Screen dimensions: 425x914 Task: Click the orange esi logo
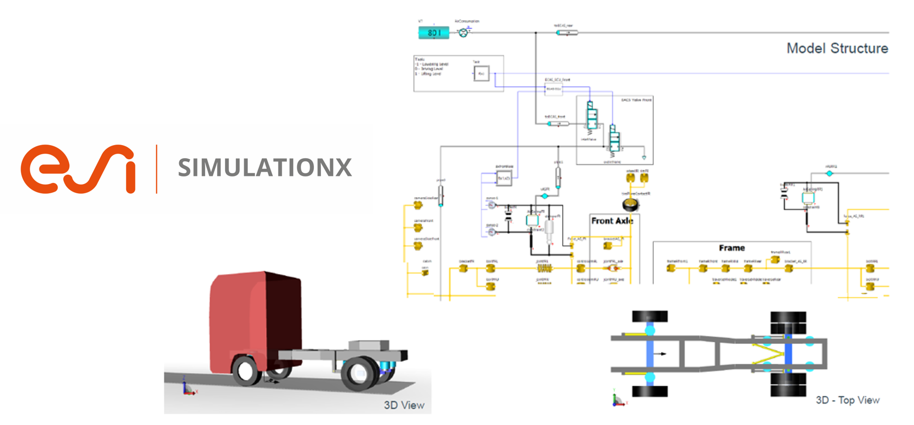click(77, 168)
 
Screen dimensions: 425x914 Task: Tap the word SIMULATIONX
click(265, 168)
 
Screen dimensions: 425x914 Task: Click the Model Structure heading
click(837, 49)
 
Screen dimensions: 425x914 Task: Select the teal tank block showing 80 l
click(433, 33)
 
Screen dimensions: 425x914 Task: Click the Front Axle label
click(611, 221)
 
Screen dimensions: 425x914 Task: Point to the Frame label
click(732, 248)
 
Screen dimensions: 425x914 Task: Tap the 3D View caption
click(404, 405)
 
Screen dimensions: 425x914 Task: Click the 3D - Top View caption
click(847, 400)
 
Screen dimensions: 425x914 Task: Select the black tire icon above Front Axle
click(630, 205)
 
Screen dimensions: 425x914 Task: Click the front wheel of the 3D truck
click(246, 371)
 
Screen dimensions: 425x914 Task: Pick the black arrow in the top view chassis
click(660, 354)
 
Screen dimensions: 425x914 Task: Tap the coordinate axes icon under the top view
click(617, 400)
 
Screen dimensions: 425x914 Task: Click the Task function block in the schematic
click(481, 73)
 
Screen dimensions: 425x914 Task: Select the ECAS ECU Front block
click(553, 88)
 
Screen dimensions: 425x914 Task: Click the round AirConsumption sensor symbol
click(463, 33)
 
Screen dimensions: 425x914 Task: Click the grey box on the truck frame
click(369, 345)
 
